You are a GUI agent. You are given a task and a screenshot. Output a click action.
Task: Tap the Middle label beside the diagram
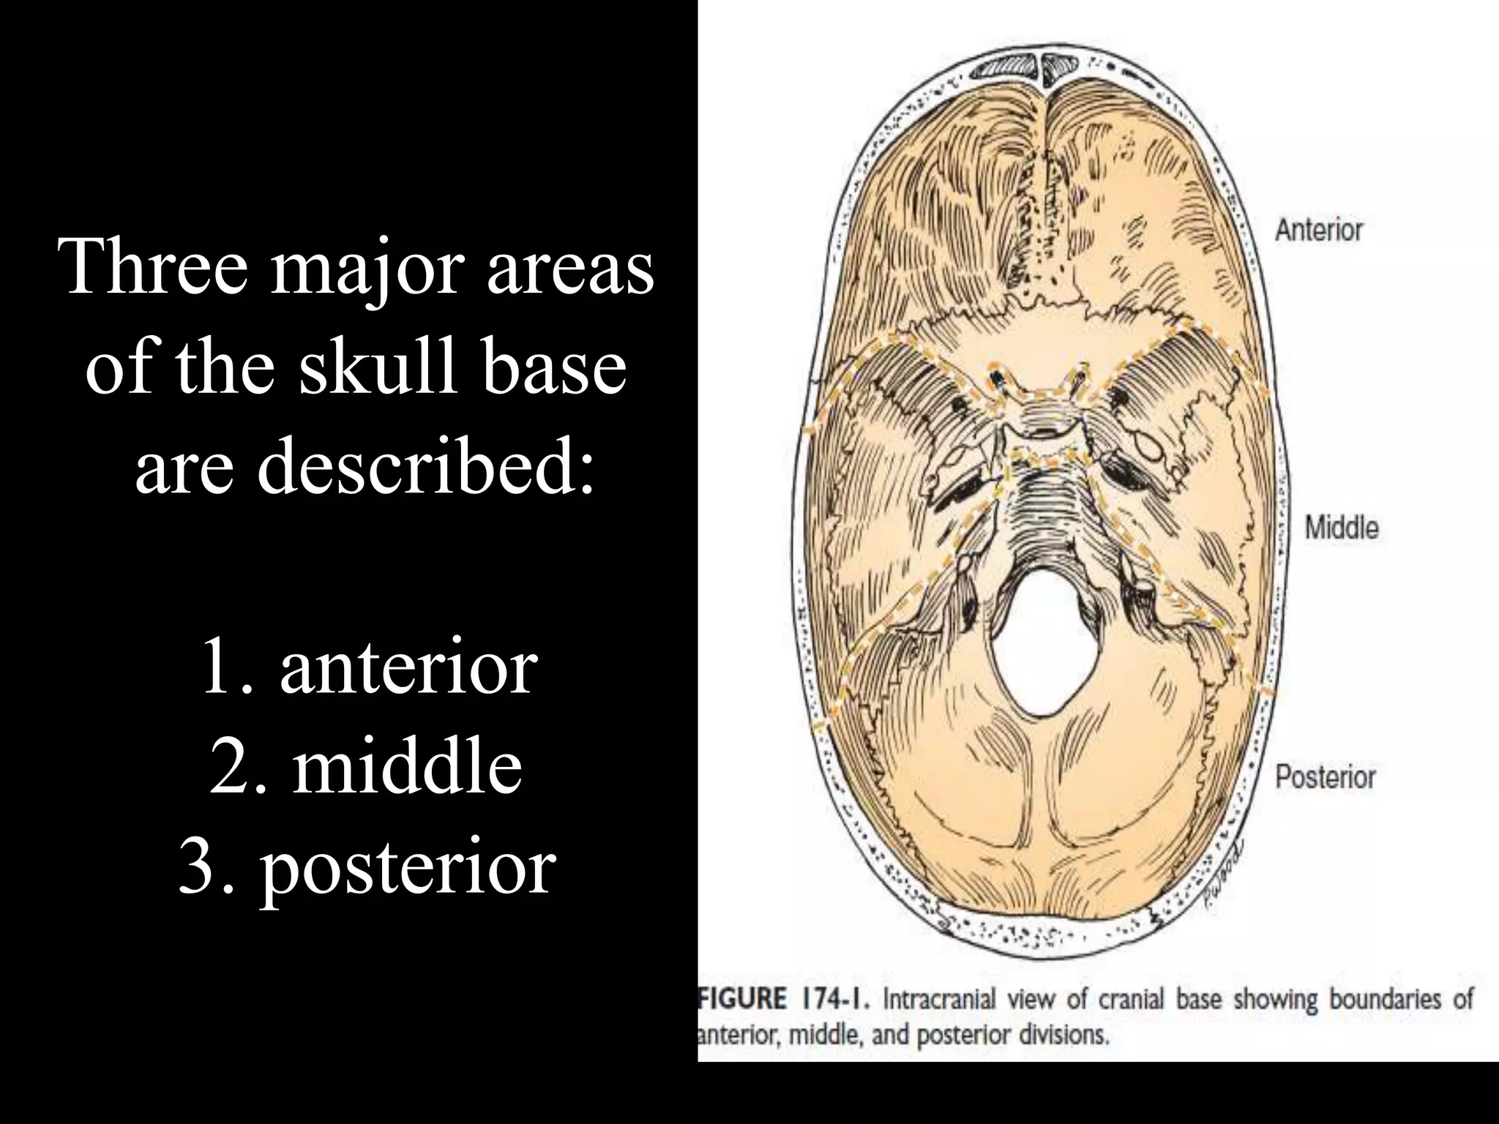coord(1341,528)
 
